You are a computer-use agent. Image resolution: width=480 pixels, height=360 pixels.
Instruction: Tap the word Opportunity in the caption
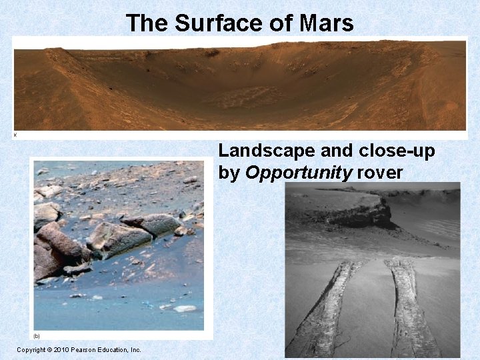coord(299,173)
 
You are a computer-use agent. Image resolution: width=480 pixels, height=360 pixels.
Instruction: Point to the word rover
coord(380,173)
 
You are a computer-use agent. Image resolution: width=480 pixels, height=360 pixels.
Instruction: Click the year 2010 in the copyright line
coord(65,349)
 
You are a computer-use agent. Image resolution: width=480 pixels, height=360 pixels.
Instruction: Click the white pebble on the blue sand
coord(185,309)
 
